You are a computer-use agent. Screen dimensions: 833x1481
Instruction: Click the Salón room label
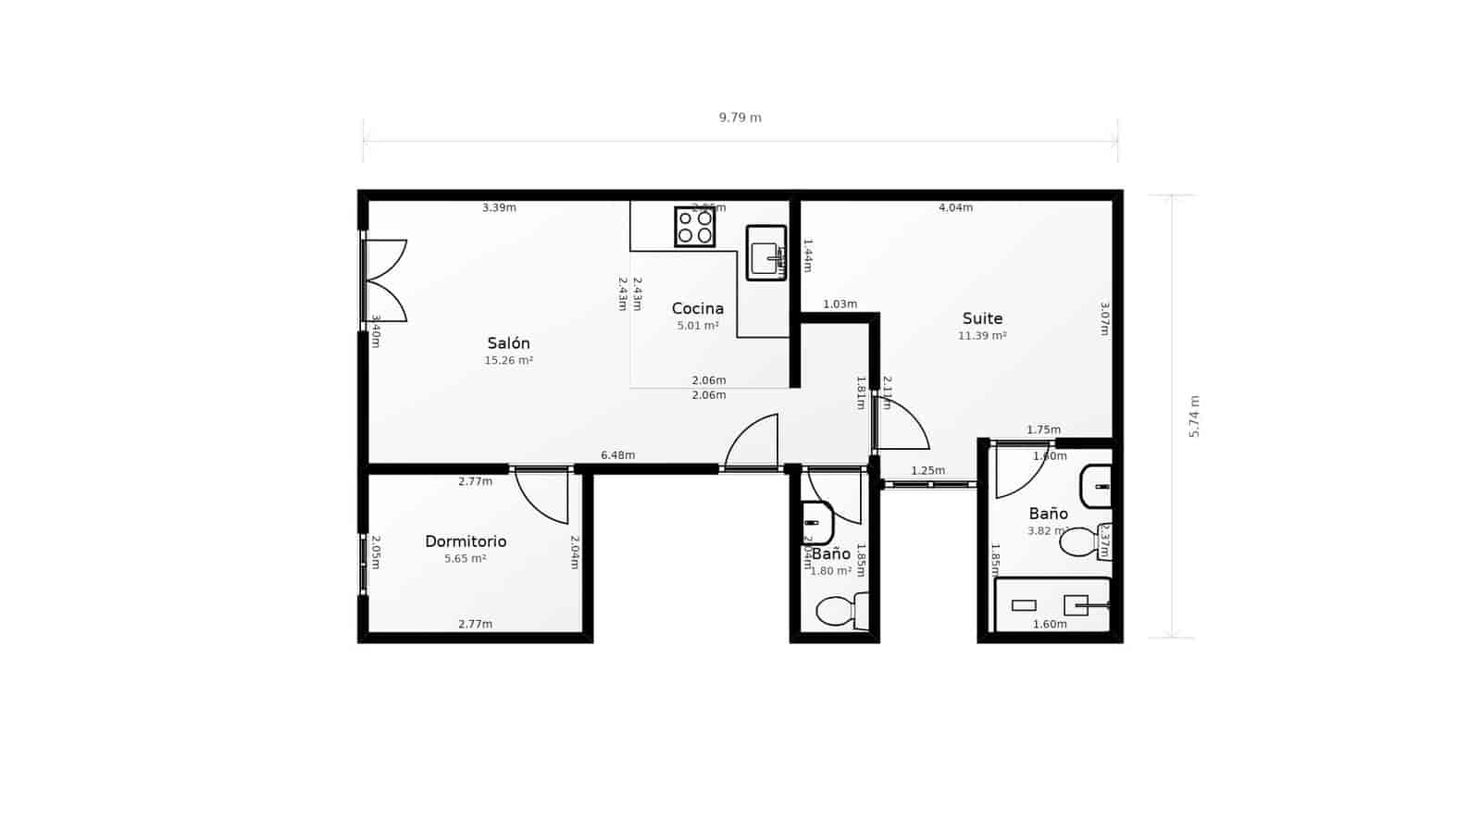pos(508,343)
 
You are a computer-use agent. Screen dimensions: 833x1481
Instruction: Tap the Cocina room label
pos(697,308)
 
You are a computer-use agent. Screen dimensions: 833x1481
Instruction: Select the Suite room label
pos(982,318)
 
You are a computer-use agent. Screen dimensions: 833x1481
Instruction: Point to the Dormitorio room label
pos(466,541)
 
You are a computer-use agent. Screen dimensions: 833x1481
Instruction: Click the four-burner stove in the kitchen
pos(694,227)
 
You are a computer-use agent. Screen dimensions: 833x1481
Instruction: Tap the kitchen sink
pos(766,253)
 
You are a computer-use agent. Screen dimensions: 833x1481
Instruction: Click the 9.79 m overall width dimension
pos(740,118)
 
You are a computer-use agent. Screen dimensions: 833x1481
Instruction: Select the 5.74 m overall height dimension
pos(1194,416)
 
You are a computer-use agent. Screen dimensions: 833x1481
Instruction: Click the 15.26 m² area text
pos(508,361)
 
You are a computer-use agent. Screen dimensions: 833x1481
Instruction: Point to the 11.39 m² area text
pos(982,336)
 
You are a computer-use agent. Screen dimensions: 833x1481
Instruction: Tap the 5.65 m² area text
pos(465,559)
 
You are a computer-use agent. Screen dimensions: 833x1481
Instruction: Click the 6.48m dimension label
pos(617,455)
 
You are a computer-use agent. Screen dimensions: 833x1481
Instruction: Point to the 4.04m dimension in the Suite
pos(955,207)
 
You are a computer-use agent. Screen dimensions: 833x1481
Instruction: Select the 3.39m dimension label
pos(499,207)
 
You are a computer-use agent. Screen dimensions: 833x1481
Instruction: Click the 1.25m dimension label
pos(927,471)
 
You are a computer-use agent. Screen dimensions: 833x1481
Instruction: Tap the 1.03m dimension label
pos(840,305)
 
